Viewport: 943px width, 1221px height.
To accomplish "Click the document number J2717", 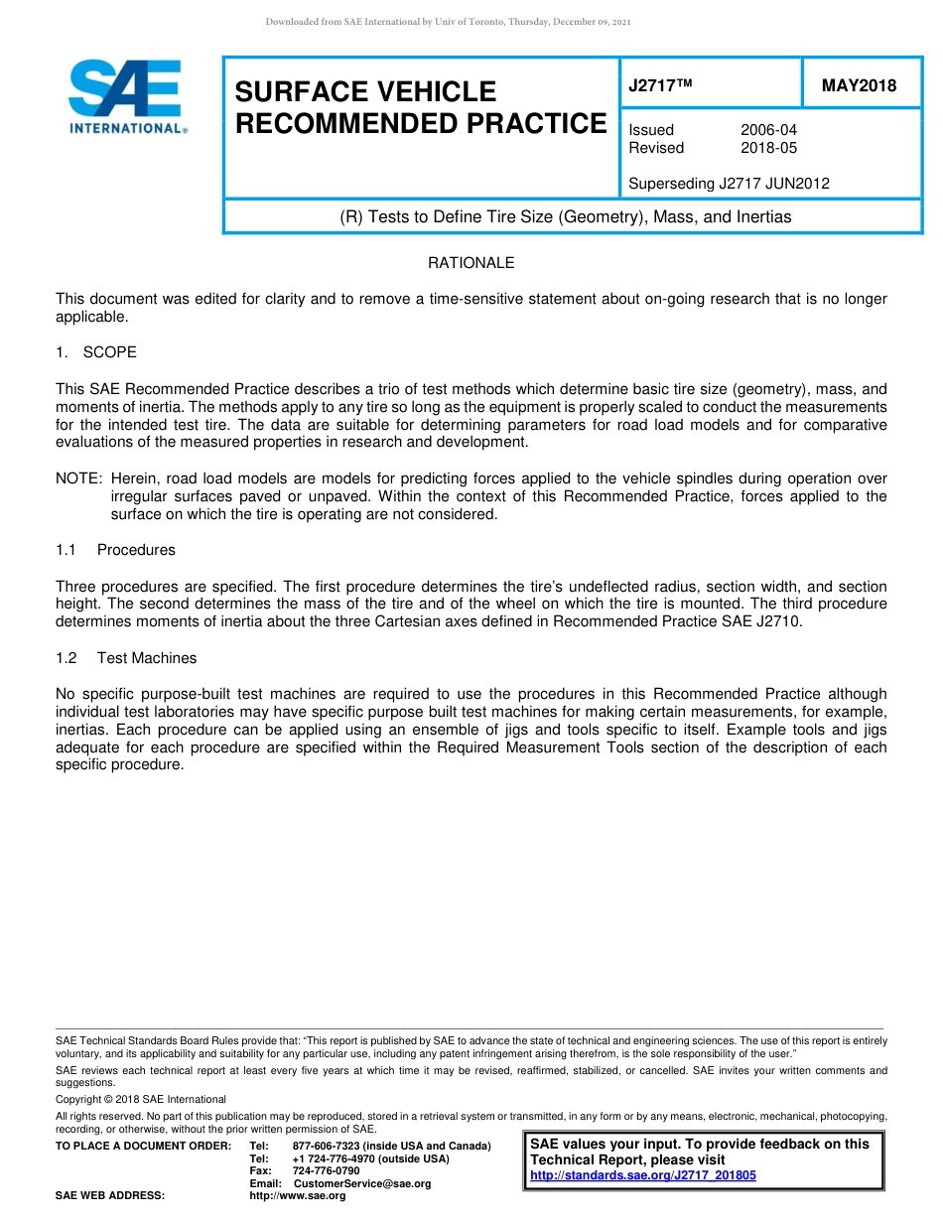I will [659, 85].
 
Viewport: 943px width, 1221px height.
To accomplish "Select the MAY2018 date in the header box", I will [859, 85].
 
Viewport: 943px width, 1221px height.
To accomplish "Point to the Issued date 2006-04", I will [768, 130].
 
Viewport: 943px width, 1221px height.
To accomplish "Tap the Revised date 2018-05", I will [768, 148].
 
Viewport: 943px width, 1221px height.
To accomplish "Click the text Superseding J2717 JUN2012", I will [729, 184].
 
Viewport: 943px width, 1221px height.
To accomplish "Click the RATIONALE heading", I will [471, 263].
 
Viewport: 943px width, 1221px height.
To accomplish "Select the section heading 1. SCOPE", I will [96, 352].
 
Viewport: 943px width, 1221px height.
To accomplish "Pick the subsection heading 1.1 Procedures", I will [115, 550].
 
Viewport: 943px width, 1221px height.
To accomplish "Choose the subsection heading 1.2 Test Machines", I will [126, 658].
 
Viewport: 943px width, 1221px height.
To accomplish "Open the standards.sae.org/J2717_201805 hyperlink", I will [643, 1175].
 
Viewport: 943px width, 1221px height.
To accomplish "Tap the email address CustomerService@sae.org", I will [362, 1183].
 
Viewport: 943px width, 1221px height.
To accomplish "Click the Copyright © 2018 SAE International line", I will [141, 1099].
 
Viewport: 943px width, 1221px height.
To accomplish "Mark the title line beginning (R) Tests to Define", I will [566, 216].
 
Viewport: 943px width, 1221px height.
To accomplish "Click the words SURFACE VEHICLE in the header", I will [365, 91].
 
